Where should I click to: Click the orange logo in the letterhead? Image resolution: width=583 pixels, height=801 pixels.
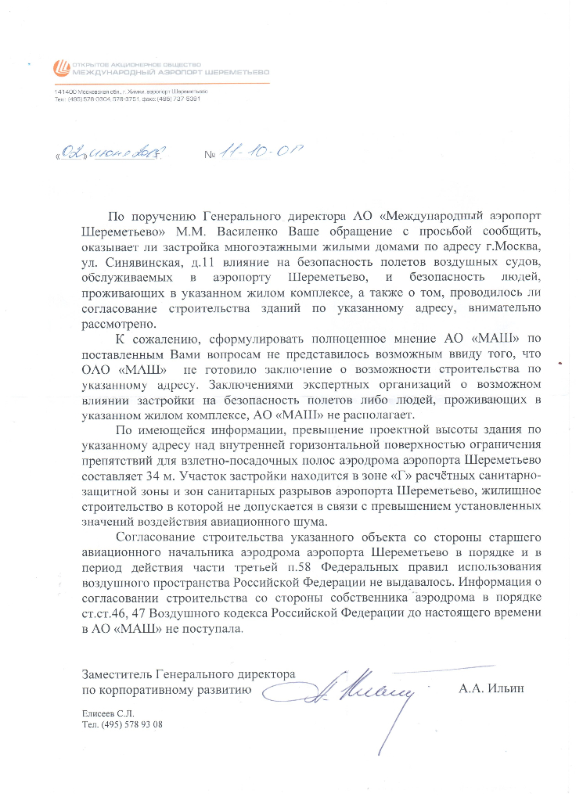pyautogui.click(x=60, y=69)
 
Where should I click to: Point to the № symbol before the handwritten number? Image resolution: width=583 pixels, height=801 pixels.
pyautogui.click(x=209, y=155)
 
